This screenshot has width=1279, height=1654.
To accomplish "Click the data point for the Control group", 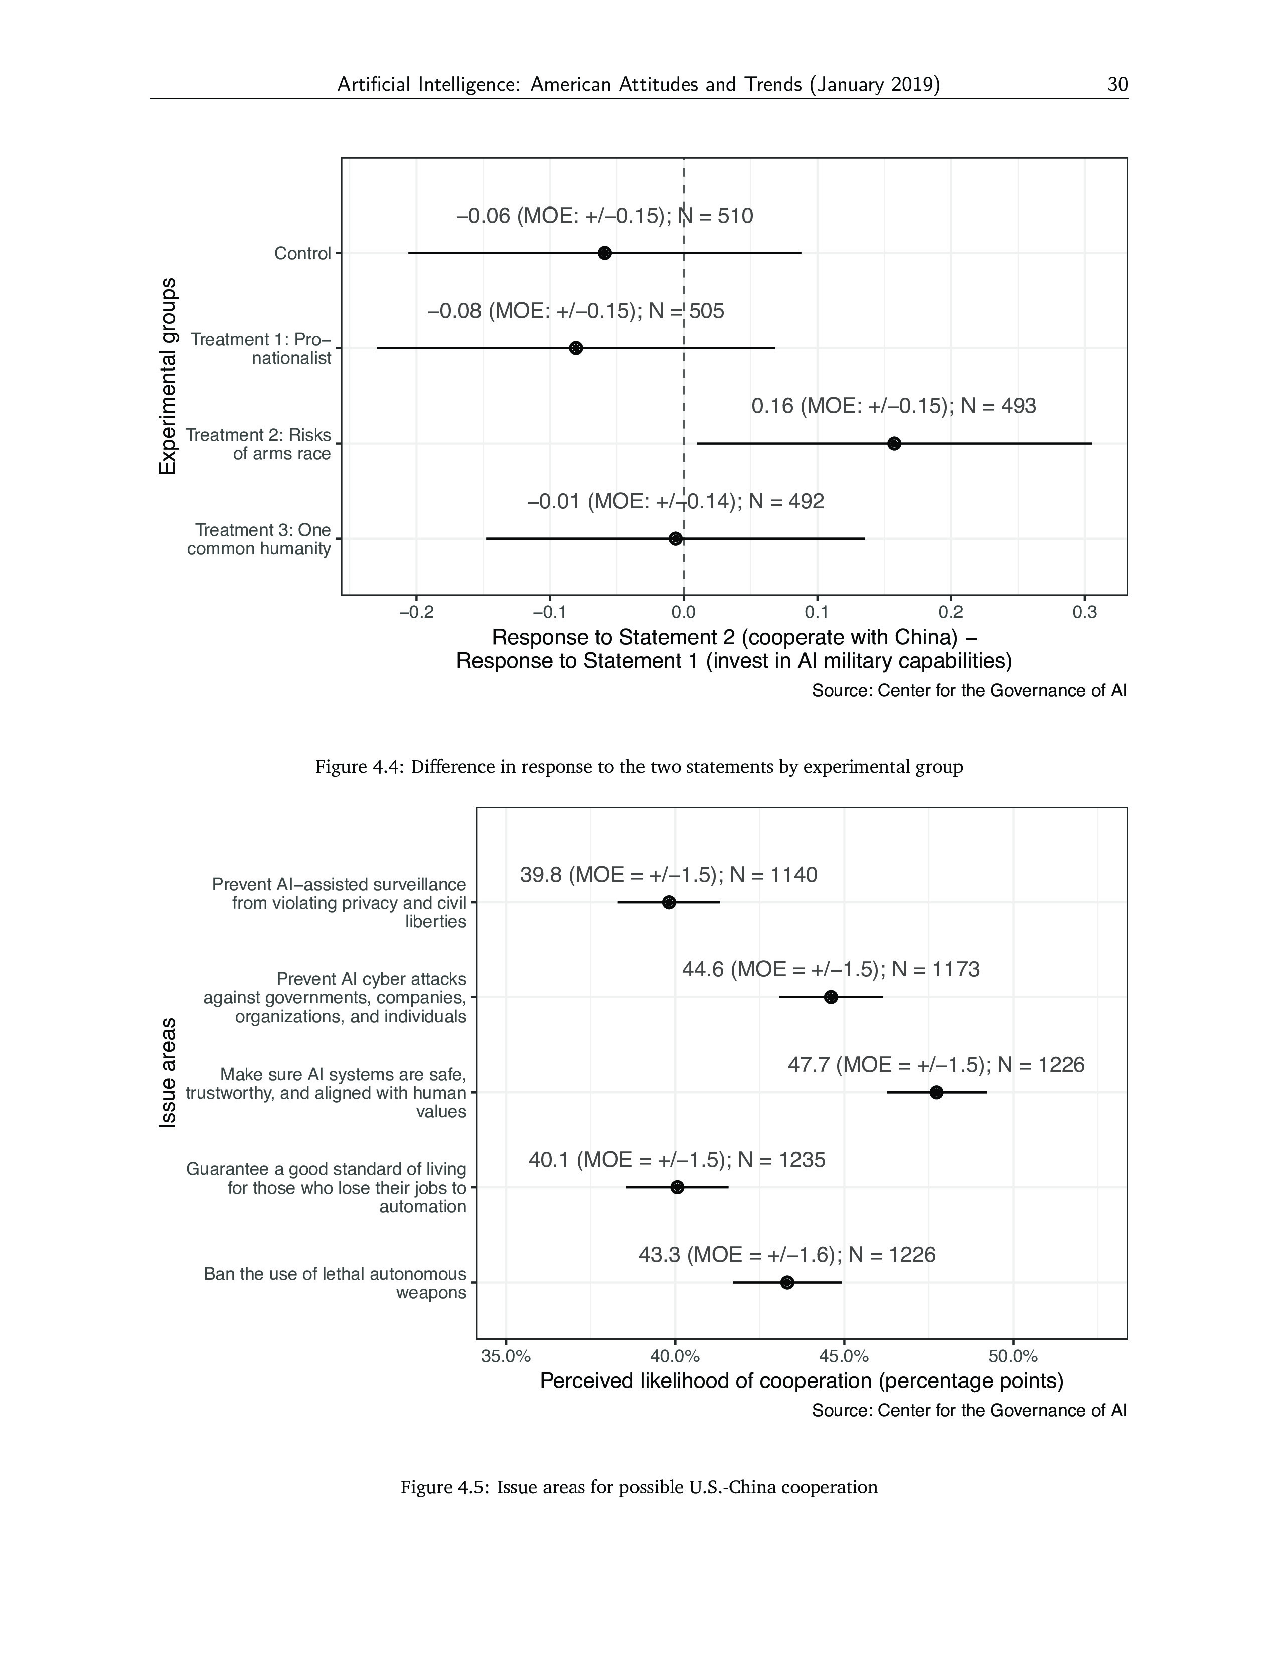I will [x=605, y=253].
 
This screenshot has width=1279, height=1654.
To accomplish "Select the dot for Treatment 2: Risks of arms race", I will [x=894, y=443].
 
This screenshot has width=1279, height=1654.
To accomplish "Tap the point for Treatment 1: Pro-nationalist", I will [x=576, y=348].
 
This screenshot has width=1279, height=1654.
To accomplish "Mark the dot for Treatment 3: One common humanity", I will [x=675, y=538].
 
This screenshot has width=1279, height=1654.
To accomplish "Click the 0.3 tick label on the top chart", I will [x=1084, y=612].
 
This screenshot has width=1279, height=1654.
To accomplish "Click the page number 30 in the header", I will [x=1117, y=84].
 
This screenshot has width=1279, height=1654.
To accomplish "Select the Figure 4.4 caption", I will [x=638, y=767].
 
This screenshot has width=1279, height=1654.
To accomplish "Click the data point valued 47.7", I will [x=936, y=1092].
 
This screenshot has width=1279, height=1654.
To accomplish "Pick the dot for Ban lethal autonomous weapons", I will [x=787, y=1282].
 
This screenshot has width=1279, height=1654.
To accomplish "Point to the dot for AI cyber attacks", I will [x=831, y=997].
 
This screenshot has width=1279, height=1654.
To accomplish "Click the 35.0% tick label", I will [x=506, y=1356].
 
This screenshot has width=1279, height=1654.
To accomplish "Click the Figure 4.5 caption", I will [x=638, y=1487].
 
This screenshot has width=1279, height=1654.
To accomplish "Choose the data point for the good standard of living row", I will [x=678, y=1187].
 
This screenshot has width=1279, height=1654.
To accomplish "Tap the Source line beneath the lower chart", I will [x=969, y=1411].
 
